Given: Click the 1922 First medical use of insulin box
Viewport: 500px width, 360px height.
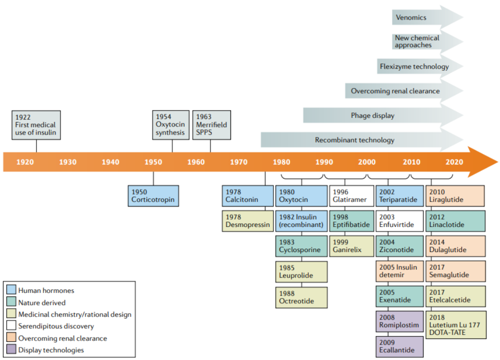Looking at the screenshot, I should [36, 125].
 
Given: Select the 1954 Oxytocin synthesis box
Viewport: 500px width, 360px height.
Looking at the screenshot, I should [172, 125].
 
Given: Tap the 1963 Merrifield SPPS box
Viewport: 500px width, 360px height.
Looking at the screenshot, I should [211, 125].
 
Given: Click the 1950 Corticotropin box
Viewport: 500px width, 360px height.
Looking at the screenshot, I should [153, 195].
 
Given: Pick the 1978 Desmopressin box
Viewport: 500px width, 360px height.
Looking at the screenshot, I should [247, 220].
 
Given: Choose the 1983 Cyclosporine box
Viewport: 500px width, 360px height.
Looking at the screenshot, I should [301, 246].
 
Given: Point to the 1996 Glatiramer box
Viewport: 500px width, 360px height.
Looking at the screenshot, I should [351, 195].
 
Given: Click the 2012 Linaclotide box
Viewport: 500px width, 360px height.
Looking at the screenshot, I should [455, 220].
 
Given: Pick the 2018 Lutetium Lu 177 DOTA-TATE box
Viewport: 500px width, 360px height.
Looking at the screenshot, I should [455, 324].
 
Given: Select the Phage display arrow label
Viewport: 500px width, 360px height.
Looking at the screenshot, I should [372, 115].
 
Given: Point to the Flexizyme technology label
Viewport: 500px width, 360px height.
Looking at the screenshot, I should [414, 66].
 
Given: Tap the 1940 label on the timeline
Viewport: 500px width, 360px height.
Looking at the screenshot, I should [110, 162].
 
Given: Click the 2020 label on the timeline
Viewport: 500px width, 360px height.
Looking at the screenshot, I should [454, 162].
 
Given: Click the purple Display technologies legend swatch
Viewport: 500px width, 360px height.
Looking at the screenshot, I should [11, 350].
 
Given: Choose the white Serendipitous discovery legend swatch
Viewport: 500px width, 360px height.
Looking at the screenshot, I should [11, 326].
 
